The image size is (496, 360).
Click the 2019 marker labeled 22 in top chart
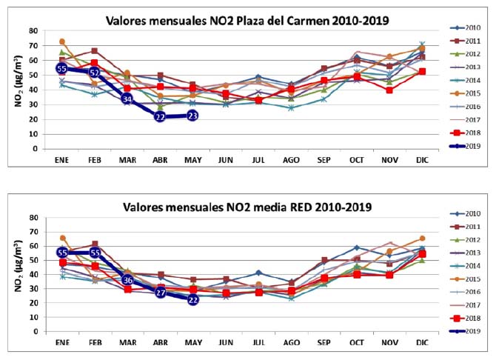[x=160, y=116]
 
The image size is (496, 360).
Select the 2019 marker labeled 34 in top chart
[x=127, y=99]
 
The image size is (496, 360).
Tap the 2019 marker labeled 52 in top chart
[x=95, y=73]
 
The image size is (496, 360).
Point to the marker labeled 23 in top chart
[x=192, y=116]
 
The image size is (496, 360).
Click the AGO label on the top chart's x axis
[x=290, y=158]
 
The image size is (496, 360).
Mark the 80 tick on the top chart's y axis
[x=34, y=30]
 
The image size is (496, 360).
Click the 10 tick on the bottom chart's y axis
[x=34, y=316]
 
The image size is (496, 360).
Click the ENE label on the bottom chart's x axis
[x=62, y=340]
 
